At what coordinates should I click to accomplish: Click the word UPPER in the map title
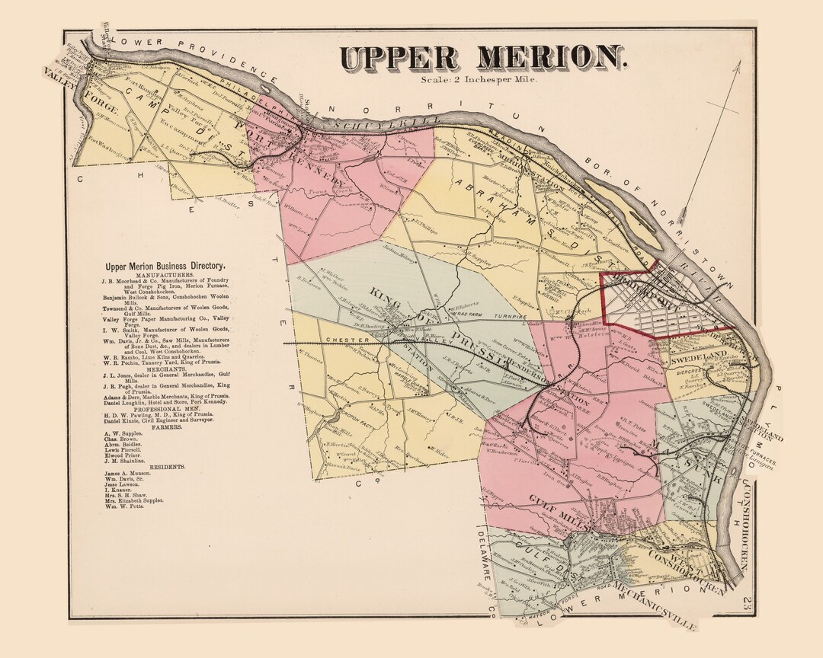399,59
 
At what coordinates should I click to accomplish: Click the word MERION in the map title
548,59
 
